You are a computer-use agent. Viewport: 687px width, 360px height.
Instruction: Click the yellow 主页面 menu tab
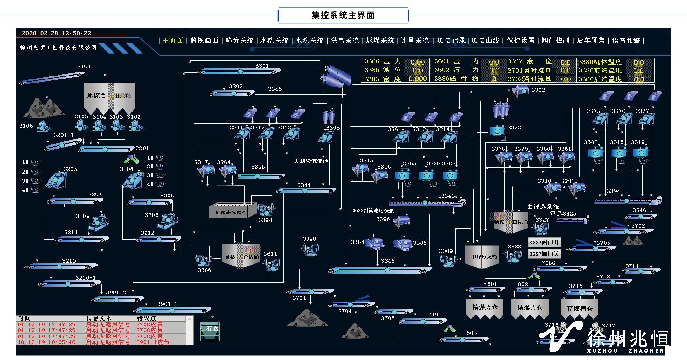173,40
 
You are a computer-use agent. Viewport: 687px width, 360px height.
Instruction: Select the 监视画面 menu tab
204,40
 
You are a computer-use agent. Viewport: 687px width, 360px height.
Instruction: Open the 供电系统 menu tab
345,40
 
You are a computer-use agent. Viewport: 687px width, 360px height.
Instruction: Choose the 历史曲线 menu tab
485,40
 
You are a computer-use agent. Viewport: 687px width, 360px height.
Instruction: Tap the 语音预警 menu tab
626,40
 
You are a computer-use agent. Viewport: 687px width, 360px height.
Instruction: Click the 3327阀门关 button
544,254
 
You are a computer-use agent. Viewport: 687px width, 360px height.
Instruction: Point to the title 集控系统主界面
343,15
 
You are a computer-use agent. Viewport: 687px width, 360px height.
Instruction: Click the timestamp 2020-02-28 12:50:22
56,33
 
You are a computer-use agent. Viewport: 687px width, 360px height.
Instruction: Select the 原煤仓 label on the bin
96,95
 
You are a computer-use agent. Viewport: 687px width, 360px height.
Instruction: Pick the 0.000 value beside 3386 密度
417,79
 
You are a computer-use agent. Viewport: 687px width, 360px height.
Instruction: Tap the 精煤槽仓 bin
580,308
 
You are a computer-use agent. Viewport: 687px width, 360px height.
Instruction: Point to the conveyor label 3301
262,66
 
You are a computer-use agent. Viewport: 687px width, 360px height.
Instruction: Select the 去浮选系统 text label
543,207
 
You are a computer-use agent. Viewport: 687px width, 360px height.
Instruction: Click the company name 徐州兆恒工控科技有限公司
58,48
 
